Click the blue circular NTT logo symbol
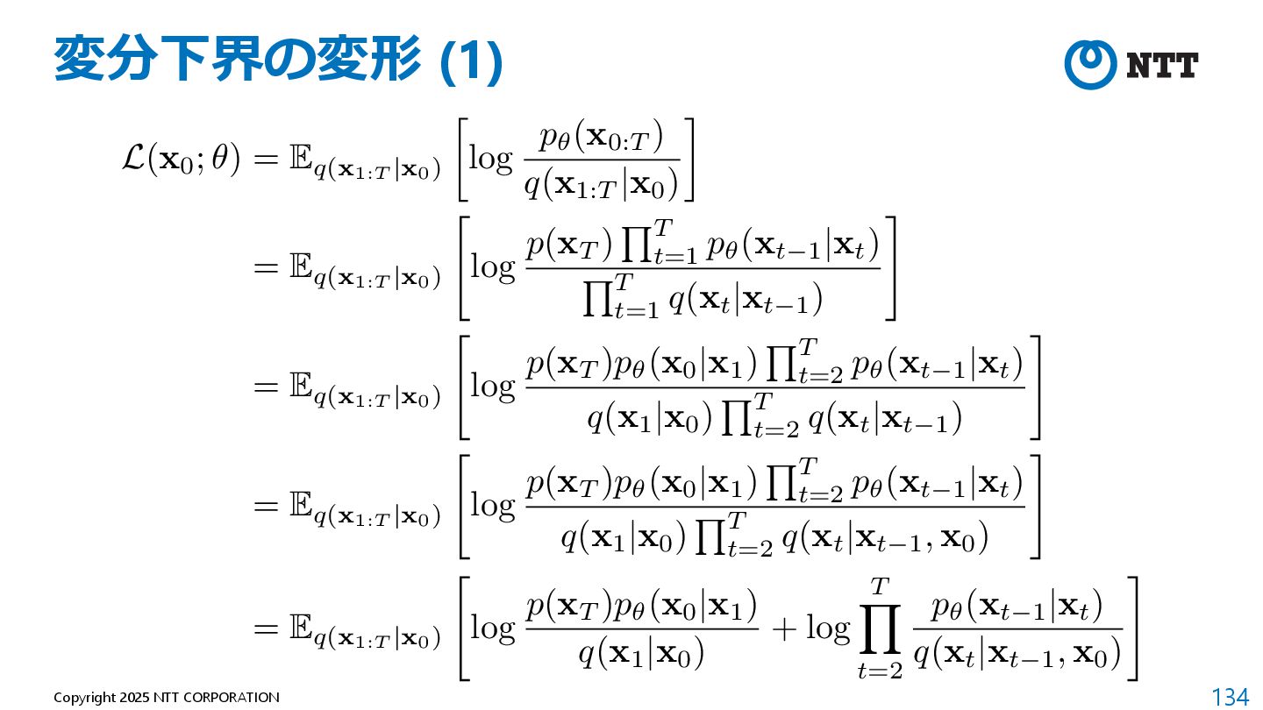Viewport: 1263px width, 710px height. point(1089,65)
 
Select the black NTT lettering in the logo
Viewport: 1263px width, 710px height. point(1161,65)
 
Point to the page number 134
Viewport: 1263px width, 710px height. point(1230,697)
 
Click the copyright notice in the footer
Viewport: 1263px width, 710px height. point(167,698)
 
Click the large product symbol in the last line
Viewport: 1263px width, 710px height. point(880,628)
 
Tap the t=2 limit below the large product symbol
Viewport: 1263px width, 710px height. point(880,670)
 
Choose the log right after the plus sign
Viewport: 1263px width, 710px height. point(828,628)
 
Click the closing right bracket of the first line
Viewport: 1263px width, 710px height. point(689,160)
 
